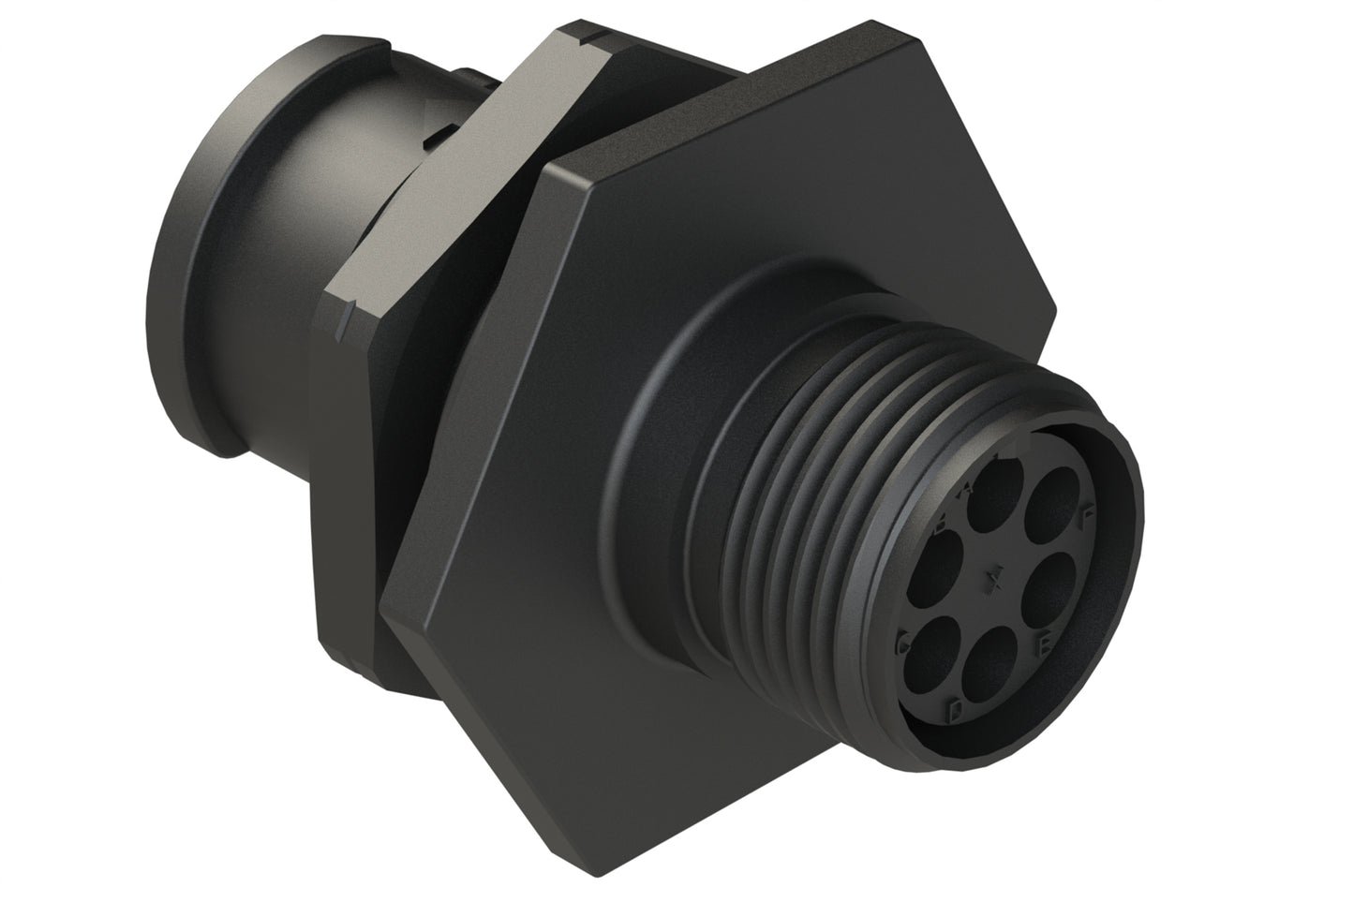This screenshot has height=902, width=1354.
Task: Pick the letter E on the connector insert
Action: point(1045,645)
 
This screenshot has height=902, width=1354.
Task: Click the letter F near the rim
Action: point(1087,513)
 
